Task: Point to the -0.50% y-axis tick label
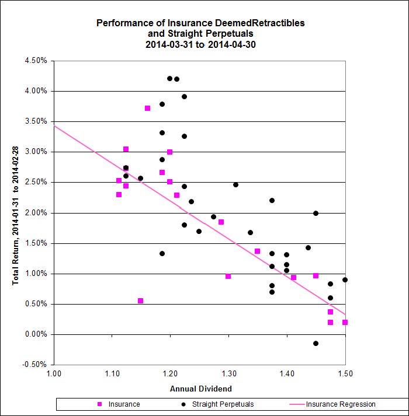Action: click(36, 365)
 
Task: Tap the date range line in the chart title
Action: click(200, 44)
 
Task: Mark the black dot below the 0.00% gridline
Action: click(316, 343)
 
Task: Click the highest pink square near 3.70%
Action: click(148, 108)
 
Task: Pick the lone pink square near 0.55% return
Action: click(140, 300)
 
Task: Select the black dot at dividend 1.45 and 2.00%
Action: click(316, 213)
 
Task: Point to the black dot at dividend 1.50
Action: click(345, 279)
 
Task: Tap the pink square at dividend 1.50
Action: click(345, 322)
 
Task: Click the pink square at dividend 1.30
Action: click(228, 276)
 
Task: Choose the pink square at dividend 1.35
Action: click(257, 251)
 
